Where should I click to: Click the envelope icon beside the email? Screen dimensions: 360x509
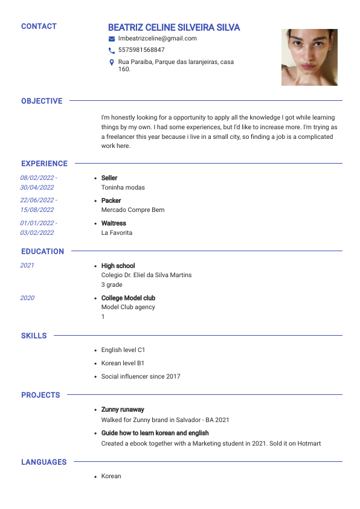tap(112, 39)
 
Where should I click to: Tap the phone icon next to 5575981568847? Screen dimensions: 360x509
tap(112, 51)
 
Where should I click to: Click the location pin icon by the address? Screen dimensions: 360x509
tap(112, 62)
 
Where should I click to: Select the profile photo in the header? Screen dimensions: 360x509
tap(309, 57)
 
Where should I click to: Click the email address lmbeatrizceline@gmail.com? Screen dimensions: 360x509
tap(158, 39)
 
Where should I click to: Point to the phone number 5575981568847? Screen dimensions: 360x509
tap(141, 50)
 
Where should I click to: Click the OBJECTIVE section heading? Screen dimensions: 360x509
tap(42, 101)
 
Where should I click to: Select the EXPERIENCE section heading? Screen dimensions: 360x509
tap(44, 164)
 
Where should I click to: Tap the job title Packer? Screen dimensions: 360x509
tap(111, 200)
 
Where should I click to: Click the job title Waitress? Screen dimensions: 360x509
tap(114, 223)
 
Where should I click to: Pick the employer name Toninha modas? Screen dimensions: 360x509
tap(123, 188)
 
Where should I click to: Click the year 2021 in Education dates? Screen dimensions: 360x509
tap(27, 266)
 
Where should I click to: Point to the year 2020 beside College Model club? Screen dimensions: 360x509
tap(27, 298)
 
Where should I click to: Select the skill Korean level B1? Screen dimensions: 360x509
tap(123, 363)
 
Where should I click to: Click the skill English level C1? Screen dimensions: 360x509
tap(123, 350)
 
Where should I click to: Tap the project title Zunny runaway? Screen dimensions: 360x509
tap(123, 410)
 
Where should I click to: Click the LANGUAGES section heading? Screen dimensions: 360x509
tap(43, 463)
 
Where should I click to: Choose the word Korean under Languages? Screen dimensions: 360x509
tap(111, 476)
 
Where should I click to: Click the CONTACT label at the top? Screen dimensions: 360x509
tap(39, 27)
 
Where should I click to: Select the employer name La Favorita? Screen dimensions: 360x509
tap(117, 233)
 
